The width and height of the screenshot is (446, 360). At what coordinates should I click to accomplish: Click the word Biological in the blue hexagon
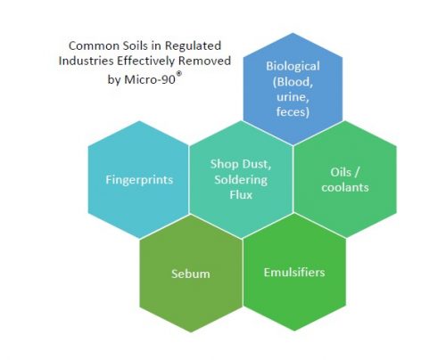click(x=293, y=66)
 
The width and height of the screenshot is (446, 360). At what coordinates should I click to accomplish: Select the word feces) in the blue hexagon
click(x=293, y=112)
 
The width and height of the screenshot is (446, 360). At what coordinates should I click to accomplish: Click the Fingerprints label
click(x=139, y=180)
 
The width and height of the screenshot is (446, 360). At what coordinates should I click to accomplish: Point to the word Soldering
click(x=241, y=180)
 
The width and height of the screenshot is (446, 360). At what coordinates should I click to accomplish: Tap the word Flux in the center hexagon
click(x=241, y=195)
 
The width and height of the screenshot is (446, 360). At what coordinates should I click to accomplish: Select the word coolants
click(x=345, y=187)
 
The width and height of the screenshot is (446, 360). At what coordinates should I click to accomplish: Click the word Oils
click(x=339, y=172)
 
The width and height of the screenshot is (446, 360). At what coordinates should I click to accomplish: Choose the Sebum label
click(x=191, y=274)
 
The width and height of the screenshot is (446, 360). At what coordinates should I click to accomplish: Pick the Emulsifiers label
click(x=294, y=273)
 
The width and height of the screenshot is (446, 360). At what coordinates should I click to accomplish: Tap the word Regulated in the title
click(x=193, y=46)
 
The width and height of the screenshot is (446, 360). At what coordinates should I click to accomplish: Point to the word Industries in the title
click(x=87, y=61)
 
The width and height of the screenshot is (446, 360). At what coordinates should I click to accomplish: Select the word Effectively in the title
click(x=146, y=61)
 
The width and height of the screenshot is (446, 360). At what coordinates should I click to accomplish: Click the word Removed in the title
click(x=204, y=61)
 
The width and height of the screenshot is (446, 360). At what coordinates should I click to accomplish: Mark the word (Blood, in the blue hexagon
click(x=293, y=82)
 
